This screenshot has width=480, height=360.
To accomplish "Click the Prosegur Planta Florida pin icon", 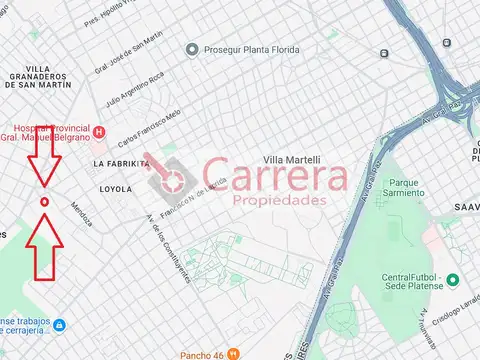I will (191, 49).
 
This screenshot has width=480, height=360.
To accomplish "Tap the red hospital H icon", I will (99, 132).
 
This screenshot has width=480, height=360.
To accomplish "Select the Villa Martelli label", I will (291, 160).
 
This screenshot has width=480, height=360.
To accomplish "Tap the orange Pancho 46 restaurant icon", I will (233, 353).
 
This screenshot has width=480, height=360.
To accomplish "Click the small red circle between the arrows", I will (43, 202).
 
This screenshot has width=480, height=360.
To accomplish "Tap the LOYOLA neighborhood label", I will (117, 188).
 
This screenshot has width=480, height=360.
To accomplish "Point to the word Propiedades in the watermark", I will (279, 200).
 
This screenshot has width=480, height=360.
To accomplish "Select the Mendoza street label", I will (82, 213).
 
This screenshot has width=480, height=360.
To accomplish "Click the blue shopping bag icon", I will (59, 326).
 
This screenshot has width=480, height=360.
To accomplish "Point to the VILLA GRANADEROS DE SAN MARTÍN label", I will (38, 76).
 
